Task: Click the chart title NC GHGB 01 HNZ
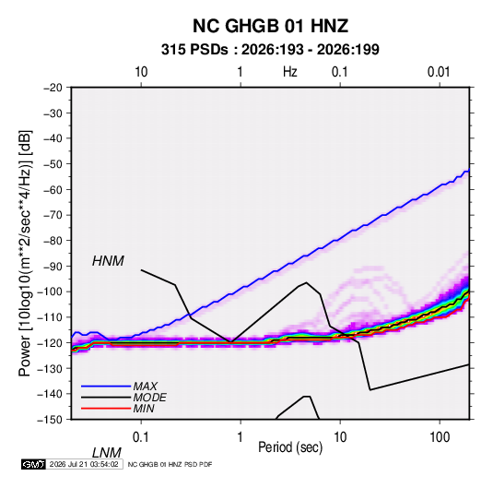coord(270,26)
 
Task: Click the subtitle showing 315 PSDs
coord(270,50)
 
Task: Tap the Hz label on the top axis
coord(290,72)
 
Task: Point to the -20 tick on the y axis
coord(53,88)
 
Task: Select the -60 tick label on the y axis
coord(53,189)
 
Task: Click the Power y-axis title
coord(25,254)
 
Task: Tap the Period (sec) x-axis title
coord(290,447)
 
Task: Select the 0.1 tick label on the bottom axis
coord(141,437)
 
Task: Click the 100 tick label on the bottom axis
coord(440,437)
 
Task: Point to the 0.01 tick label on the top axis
coord(439,72)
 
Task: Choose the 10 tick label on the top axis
coord(141,72)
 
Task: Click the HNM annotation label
coord(108,261)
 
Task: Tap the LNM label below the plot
coord(107,453)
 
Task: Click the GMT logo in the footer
coord(33,464)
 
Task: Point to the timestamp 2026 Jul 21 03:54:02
coord(84,464)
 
